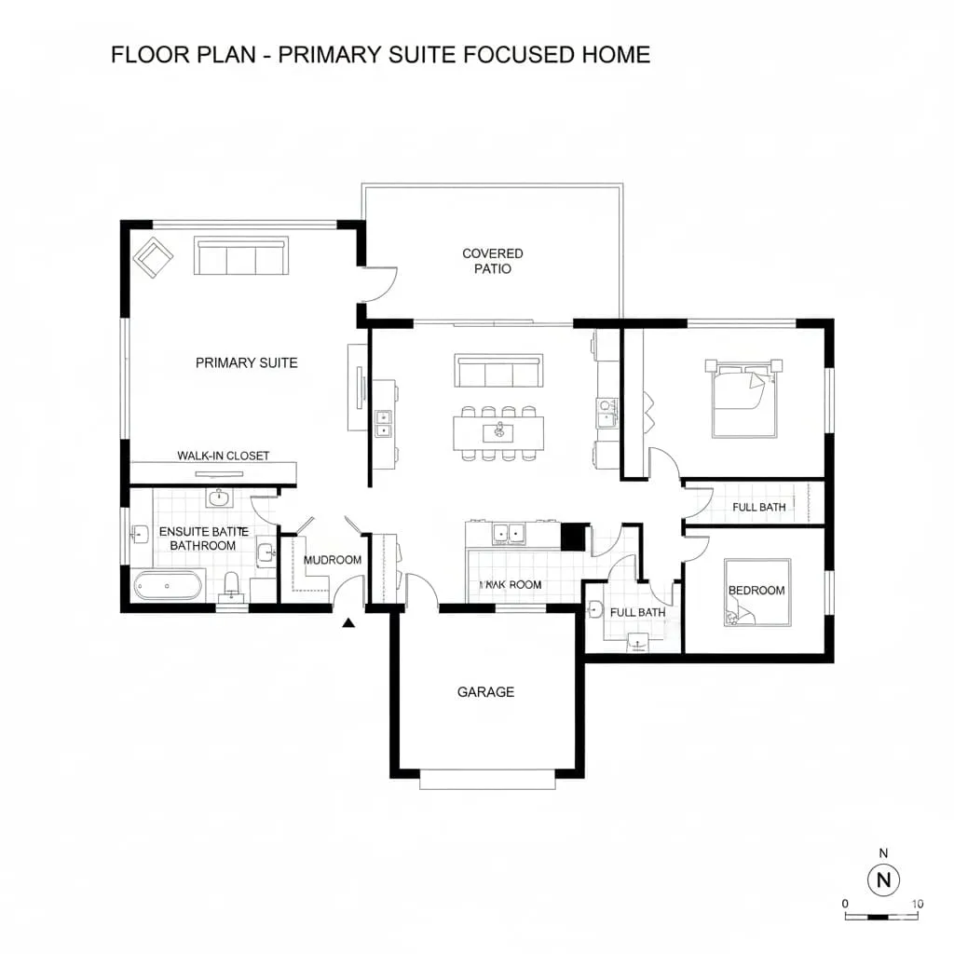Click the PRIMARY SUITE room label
pyautogui.click(x=246, y=362)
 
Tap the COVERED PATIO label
pyautogui.click(x=492, y=261)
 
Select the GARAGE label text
pyautogui.click(x=485, y=692)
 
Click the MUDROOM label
pyautogui.click(x=333, y=560)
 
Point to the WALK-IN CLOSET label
pyautogui.click(x=223, y=456)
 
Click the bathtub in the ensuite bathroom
pyautogui.click(x=168, y=586)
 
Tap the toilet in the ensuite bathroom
pyautogui.click(x=232, y=586)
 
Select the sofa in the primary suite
pyautogui.click(x=240, y=256)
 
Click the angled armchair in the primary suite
pyautogui.click(x=154, y=257)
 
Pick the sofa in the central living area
pyautogui.click(x=498, y=371)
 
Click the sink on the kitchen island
pyautogui.click(x=499, y=431)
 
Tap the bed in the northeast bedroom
pyautogui.click(x=743, y=398)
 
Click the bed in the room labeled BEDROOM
pyautogui.click(x=756, y=593)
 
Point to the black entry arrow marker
pyautogui.click(x=349, y=624)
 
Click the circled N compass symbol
pyautogui.click(x=884, y=879)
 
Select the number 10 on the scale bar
pyautogui.click(x=917, y=904)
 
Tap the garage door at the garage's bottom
pyautogui.click(x=487, y=780)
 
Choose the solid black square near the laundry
pyautogui.click(x=573, y=537)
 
